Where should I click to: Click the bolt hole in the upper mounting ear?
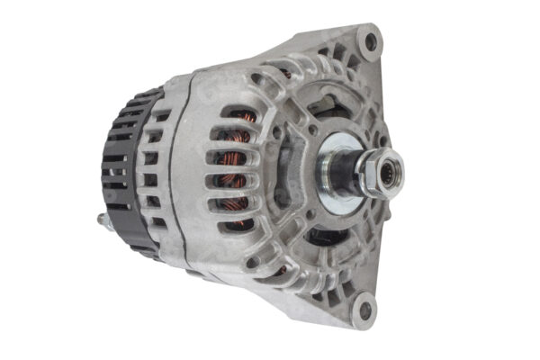pyautogui.click(x=368, y=40)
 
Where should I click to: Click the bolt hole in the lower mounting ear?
pyautogui.click(x=363, y=310)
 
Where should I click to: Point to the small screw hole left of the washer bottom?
pyautogui.click(x=310, y=216)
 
